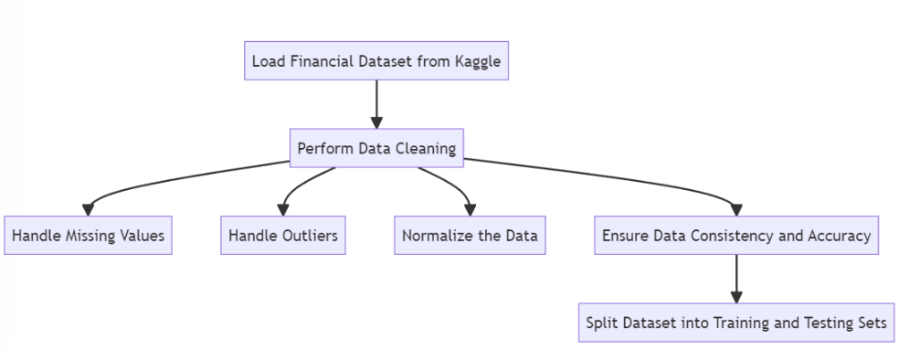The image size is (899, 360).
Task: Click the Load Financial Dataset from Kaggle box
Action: [x=376, y=62]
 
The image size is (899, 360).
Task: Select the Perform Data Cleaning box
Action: [x=376, y=148]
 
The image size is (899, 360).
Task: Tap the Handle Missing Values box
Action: [x=88, y=236]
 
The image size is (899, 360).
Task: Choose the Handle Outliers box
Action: [x=283, y=236]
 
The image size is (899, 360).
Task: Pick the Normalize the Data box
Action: [x=470, y=236]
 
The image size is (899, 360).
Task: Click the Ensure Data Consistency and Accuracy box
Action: [x=736, y=236]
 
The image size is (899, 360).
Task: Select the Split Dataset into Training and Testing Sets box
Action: [x=736, y=323]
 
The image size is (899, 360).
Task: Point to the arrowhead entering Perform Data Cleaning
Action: [x=376, y=122]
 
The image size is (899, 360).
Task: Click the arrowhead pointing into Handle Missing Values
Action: [x=88, y=209]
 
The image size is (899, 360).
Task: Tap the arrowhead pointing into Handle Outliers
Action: [x=283, y=209]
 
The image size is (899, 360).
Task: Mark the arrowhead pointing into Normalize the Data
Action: [x=470, y=209]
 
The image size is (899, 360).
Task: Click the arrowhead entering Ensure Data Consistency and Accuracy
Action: [x=736, y=209]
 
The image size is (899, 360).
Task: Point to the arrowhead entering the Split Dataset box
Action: [x=736, y=297]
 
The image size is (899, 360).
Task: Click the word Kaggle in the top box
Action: [x=476, y=62]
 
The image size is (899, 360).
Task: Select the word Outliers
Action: [x=308, y=236]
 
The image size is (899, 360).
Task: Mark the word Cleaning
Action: [x=426, y=148]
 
